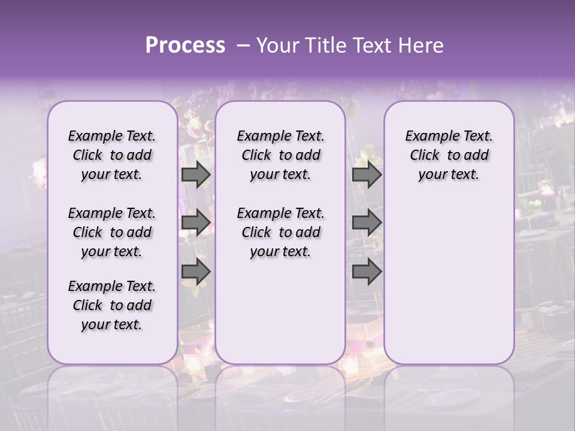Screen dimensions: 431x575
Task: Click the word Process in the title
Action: click(x=185, y=45)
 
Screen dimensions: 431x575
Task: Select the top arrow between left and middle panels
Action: click(x=196, y=175)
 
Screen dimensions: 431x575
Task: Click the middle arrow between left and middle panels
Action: click(x=196, y=223)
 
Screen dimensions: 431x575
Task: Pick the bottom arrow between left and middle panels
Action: click(x=196, y=272)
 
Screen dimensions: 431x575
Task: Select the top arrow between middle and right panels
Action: click(x=367, y=175)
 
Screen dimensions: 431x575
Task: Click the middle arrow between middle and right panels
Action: click(x=367, y=223)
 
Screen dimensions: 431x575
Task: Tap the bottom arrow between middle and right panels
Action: click(x=367, y=272)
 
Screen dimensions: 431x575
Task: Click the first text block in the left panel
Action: click(x=112, y=155)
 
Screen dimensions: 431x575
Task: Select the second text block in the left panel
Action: click(x=112, y=232)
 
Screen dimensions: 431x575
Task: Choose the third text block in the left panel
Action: click(x=112, y=305)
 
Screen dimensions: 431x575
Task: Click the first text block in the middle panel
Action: click(x=280, y=155)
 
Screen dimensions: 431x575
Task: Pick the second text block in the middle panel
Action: click(x=280, y=232)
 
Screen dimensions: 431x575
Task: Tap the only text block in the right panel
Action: click(x=449, y=155)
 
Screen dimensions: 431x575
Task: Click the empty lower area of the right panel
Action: click(x=449, y=281)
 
